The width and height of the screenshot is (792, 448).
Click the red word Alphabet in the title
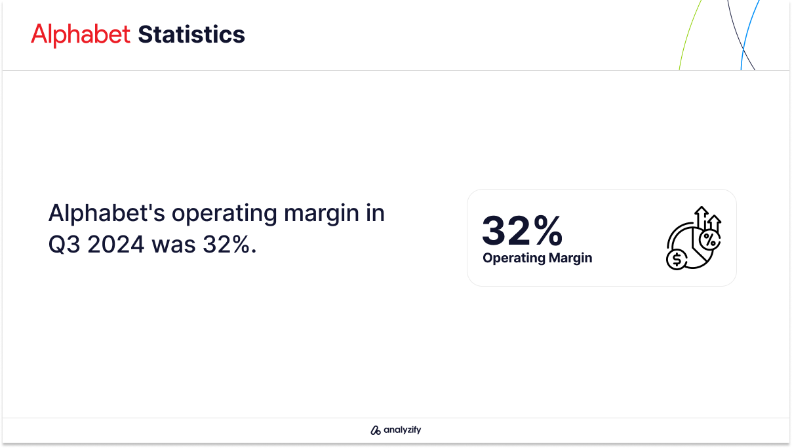(81, 34)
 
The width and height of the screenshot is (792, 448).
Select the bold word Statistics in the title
(191, 34)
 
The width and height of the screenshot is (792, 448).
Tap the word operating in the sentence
(224, 214)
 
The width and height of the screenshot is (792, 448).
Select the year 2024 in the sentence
(115, 245)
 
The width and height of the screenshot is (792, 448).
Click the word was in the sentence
(174, 245)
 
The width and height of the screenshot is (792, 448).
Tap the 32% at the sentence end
(229, 245)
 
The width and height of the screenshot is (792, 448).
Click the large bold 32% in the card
(523, 230)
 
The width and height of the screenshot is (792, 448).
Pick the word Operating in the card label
(514, 258)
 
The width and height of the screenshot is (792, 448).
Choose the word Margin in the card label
(570, 258)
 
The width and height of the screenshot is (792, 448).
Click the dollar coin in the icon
(677, 259)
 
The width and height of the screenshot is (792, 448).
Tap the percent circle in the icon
(709, 241)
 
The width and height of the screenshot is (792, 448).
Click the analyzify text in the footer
(403, 430)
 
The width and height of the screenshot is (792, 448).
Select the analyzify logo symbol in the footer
(375, 430)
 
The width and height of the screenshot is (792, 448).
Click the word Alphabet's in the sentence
(106, 213)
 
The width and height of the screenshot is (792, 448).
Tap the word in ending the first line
(376, 213)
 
